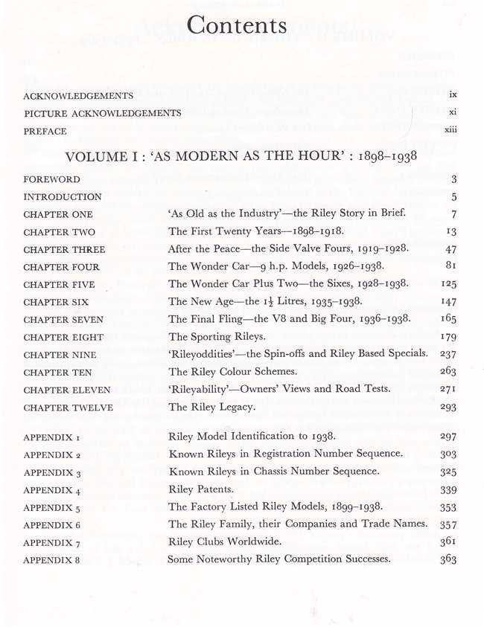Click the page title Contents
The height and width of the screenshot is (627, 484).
237,26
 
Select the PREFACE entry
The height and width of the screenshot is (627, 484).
45,131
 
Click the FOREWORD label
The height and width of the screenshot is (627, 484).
51,179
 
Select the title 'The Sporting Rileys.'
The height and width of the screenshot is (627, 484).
212,337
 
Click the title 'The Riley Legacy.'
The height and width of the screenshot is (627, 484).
212,408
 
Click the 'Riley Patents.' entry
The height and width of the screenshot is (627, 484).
200,489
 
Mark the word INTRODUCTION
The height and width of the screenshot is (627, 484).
63,197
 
